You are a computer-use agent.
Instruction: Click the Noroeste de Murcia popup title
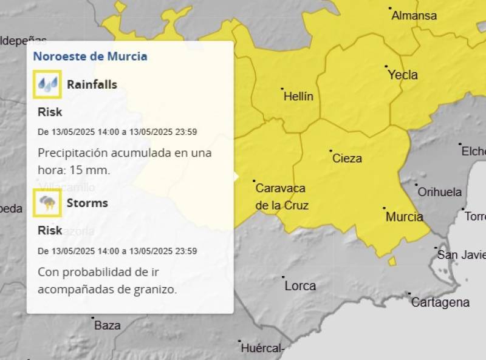click(90, 56)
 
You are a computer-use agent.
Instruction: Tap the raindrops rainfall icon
click(47, 84)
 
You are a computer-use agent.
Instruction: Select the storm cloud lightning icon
click(47, 203)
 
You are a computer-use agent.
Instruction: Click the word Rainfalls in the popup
click(92, 84)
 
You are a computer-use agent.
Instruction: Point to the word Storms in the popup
click(87, 203)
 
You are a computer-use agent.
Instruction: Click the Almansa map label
click(414, 16)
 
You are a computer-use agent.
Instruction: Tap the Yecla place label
click(403, 75)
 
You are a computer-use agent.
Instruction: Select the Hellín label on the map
click(298, 97)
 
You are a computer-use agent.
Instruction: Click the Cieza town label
click(347, 158)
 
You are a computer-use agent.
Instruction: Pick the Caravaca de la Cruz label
click(281, 197)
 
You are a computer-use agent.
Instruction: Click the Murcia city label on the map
click(404, 217)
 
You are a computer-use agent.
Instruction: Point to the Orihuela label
click(439, 192)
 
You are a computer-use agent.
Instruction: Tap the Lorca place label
click(300, 286)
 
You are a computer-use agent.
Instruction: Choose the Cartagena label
click(440, 302)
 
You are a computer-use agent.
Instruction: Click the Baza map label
click(107, 325)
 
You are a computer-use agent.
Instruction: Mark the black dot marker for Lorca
click(283, 277)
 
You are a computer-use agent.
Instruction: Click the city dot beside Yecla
click(386, 66)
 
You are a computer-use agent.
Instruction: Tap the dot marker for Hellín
click(282, 89)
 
